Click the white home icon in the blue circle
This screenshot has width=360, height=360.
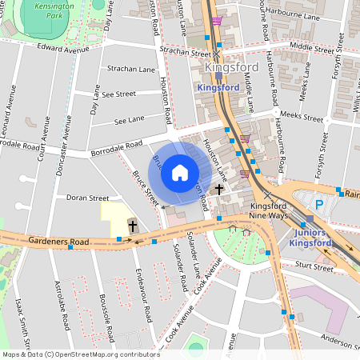[180, 172]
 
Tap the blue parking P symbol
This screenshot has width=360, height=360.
[319, 205]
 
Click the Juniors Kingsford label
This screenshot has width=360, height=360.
[310, 237]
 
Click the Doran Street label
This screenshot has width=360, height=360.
[87, 197]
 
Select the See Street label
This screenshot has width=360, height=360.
[118, 94]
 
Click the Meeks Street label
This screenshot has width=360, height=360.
[301, 117]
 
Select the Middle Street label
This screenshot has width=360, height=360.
[311, 49]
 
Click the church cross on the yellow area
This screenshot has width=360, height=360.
[132, 226]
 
